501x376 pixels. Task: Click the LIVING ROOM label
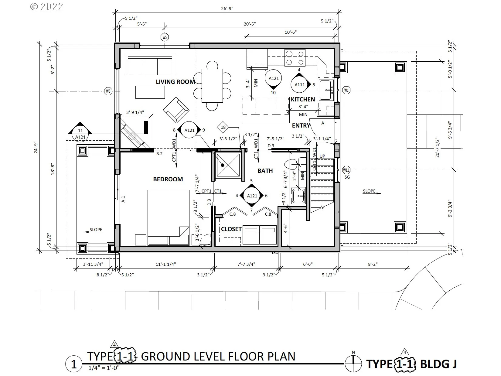click(x=175, y=82)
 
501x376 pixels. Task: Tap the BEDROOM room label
click(x=168, y=179)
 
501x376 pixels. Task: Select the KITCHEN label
click(x=303, y=99)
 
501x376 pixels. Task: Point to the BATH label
click(x=265, y=171)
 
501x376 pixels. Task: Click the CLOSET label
click(x=231, y=229)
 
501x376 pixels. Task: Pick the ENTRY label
click(x=301, y=125)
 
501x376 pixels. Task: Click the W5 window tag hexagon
click(x=165, y=37)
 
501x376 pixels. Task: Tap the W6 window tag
click(x=108, y=91)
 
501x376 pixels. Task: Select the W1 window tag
click(x=346, y=90)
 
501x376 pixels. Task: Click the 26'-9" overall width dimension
click(x=227, y=9)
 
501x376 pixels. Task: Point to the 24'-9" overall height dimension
click(x=36, y=148)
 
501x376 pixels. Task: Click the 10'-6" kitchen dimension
click(x=291, y=32)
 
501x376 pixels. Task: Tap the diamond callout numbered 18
click(x=223, y=127)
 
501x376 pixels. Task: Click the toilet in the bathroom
click(x=295, y=164)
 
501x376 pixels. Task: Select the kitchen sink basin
click(x=325, y=90)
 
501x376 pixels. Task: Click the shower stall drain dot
click(x=223, y=165)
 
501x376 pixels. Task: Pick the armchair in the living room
click(x=176, y=110)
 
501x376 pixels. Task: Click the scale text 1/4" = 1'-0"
click(x=104, y=367)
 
